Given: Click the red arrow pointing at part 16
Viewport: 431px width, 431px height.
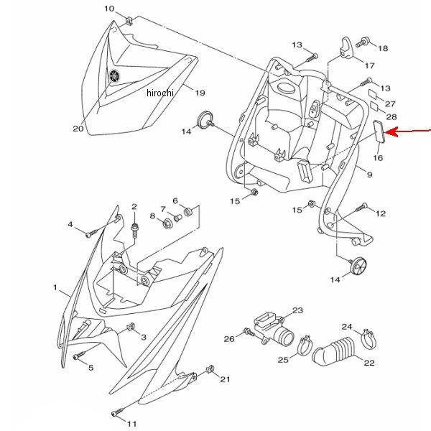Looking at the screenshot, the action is tap(407, 131).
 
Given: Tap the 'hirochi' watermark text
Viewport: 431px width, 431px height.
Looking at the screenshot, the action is tap(160, 93).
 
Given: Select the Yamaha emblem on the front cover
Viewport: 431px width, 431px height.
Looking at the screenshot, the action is tap(114, 75).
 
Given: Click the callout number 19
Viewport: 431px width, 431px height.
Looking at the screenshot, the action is tap(200, 93).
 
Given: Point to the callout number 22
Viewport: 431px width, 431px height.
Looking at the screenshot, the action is tap(369, 363).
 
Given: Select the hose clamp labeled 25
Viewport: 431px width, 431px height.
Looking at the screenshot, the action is tap(305, 346).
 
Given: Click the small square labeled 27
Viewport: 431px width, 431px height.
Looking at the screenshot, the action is tap(374, 93).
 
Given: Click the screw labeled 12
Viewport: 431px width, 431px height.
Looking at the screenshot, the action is tap(361, 208).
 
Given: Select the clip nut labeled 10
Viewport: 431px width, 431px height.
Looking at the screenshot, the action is tap(129, 21).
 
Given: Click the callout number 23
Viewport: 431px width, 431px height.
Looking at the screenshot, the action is tap(297, 310).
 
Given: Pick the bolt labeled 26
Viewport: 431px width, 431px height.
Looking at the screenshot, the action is tap(249, 332).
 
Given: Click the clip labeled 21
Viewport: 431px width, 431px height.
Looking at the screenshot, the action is tap(210, 369).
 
